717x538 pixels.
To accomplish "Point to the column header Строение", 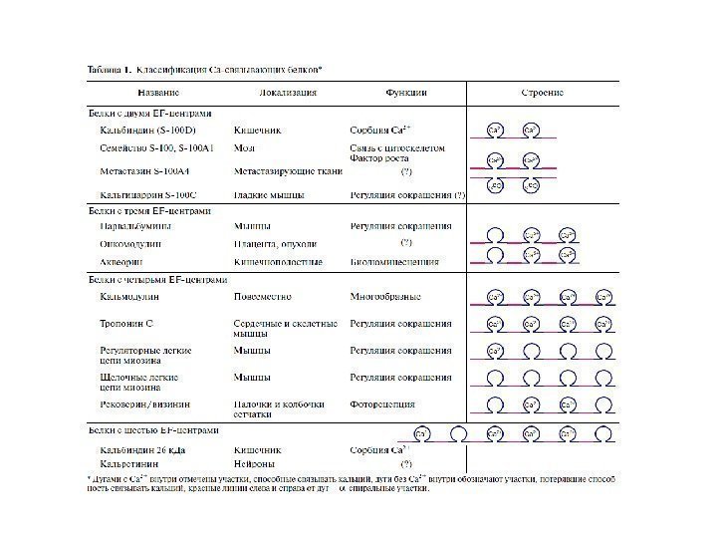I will (x=543, y=93).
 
